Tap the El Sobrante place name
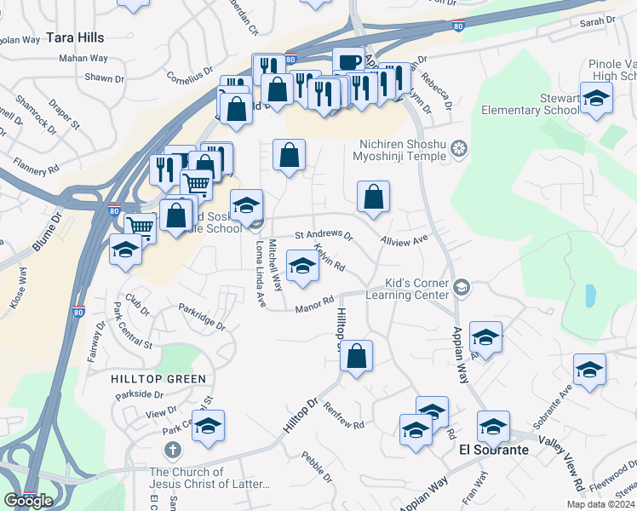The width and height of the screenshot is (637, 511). click(488, 449)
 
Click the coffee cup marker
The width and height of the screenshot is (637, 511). click(347, 62)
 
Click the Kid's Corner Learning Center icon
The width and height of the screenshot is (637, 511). click(461, 287)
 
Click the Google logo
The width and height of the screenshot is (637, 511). click(28, 501)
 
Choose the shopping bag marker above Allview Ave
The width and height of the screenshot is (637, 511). click(373, 197)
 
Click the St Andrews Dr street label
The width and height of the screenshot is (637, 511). click(324, 234)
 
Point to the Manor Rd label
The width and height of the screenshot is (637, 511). click(315, 303)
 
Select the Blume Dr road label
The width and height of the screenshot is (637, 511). click(48, 231)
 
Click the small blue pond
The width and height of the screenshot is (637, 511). click(590, 296)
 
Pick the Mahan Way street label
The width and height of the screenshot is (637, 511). click(83, 59)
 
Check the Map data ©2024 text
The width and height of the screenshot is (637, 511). click(600, 504)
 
